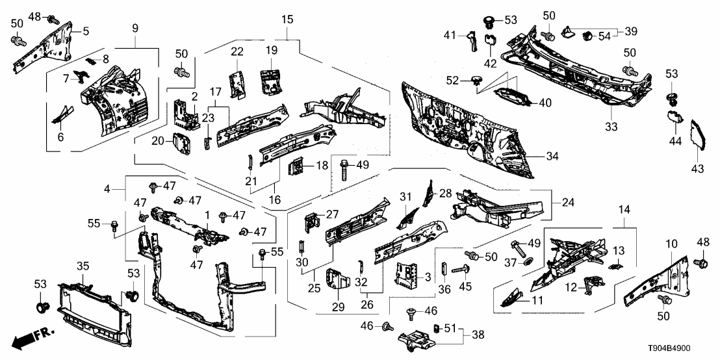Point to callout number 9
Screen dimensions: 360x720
(135, 29)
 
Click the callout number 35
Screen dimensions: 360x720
(83, 266)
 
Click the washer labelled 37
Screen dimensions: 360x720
(527, 261)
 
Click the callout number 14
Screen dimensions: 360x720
(625, 211)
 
